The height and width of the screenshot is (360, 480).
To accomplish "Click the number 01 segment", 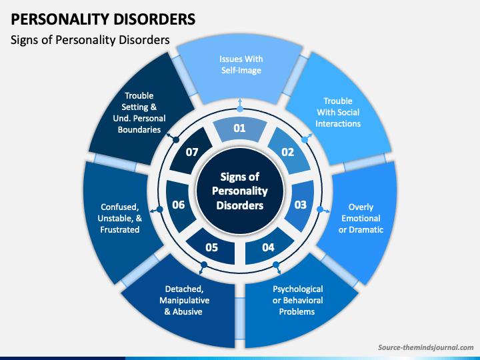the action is tap(240, 130).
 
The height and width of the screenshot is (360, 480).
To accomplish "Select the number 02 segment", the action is tap(289, 151).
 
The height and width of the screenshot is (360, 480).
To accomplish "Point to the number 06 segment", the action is tap(179, 205).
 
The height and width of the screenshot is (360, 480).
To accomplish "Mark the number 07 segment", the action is tap(191, 151).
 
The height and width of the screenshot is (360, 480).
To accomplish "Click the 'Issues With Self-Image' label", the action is tap(241, 65).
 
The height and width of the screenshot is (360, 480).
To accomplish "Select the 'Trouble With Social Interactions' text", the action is tap(338, 113).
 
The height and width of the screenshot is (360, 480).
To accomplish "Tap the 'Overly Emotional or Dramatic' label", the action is tap(361, 218).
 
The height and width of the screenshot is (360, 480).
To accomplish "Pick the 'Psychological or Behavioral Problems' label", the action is tap(297, 300).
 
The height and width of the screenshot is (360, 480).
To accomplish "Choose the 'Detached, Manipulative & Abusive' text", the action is tap(184, 300).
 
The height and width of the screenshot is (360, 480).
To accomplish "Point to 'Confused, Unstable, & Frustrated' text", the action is tap(120, 218).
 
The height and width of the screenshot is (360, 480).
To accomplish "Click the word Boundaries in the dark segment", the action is tap(139, 130).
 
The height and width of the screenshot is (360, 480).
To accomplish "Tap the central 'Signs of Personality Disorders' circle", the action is tap(240, 191).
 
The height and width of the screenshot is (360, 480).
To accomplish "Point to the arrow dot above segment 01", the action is tap(240, 109).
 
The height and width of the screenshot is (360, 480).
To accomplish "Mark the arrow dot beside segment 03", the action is tap(320, 209).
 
